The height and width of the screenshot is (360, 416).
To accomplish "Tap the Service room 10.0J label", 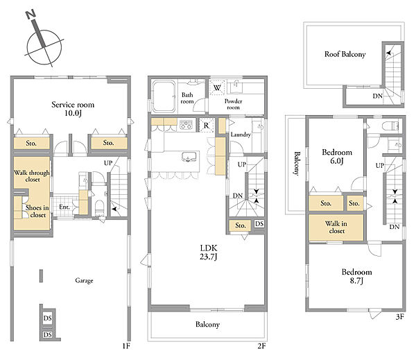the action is (73, 109).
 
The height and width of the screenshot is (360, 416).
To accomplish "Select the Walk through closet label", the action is (32, 176).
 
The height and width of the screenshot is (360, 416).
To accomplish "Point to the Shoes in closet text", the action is (37, 212).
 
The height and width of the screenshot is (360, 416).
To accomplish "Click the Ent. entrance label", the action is (64, 207).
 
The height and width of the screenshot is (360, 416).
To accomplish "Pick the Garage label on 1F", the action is (84, 281).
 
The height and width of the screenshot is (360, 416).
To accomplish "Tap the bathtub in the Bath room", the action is (164, 96).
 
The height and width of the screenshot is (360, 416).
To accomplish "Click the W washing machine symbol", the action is (217, 87).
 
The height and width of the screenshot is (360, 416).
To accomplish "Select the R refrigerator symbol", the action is (206, 125).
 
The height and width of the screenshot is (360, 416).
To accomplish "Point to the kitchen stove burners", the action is (186, 125).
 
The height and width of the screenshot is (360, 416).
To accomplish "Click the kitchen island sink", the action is (189, 157).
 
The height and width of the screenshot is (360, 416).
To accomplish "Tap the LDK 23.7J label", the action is (209, 252).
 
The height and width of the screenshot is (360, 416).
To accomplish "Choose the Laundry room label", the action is (241, 135).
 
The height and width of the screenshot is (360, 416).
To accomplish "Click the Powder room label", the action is (233, 104).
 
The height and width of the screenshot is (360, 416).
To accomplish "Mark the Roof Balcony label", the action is (345, 54).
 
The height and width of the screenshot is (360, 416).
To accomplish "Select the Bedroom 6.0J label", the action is (337, 156).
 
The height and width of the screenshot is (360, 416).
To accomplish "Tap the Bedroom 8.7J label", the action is (356, 276).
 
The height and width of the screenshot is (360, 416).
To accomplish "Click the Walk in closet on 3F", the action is (336, 228).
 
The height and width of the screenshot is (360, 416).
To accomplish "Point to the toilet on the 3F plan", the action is (390, 126).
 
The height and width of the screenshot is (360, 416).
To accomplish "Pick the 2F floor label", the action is (261, 346).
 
